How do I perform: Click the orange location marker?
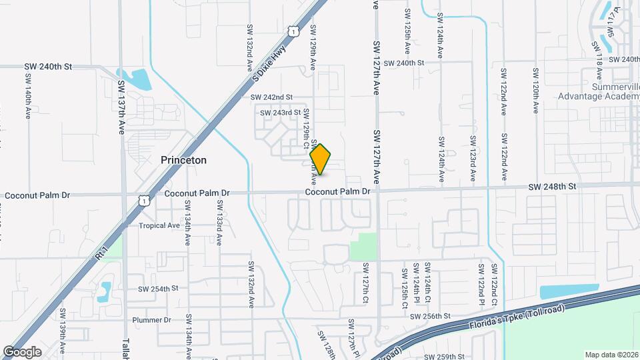321,159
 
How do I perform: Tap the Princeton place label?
183,160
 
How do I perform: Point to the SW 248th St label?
553,187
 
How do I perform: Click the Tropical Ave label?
159,225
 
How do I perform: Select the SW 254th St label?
158,289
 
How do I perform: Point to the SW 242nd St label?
271,97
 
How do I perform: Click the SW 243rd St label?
280,112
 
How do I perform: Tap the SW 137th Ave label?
122,107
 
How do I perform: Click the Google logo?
22,351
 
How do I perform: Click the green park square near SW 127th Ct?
363,247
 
